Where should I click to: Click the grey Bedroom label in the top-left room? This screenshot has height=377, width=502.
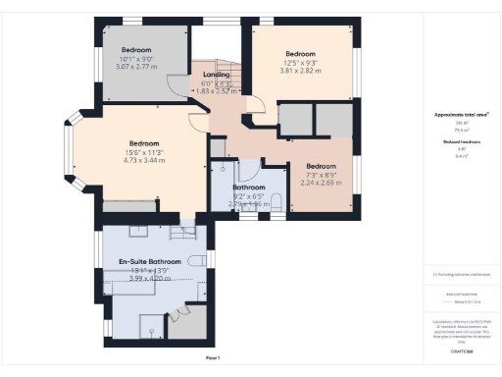coord(137,49)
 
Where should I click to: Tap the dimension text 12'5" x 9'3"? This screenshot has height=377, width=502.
coord(300,64)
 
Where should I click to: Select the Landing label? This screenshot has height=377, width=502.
coord(216,75)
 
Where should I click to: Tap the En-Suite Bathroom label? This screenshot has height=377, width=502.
coord(150,262)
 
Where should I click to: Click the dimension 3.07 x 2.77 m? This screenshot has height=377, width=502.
coord(137,68)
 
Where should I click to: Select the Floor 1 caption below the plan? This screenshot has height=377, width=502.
coord(213,358)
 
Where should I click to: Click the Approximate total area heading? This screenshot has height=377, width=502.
coord(461,115)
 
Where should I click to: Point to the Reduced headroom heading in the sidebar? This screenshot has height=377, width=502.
coord(461,141)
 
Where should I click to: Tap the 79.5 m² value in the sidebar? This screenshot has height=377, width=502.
coord(461,129)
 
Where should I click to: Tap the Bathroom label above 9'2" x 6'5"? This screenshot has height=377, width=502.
coord(250,187)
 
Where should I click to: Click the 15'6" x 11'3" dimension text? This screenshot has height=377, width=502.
coord(146,152)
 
